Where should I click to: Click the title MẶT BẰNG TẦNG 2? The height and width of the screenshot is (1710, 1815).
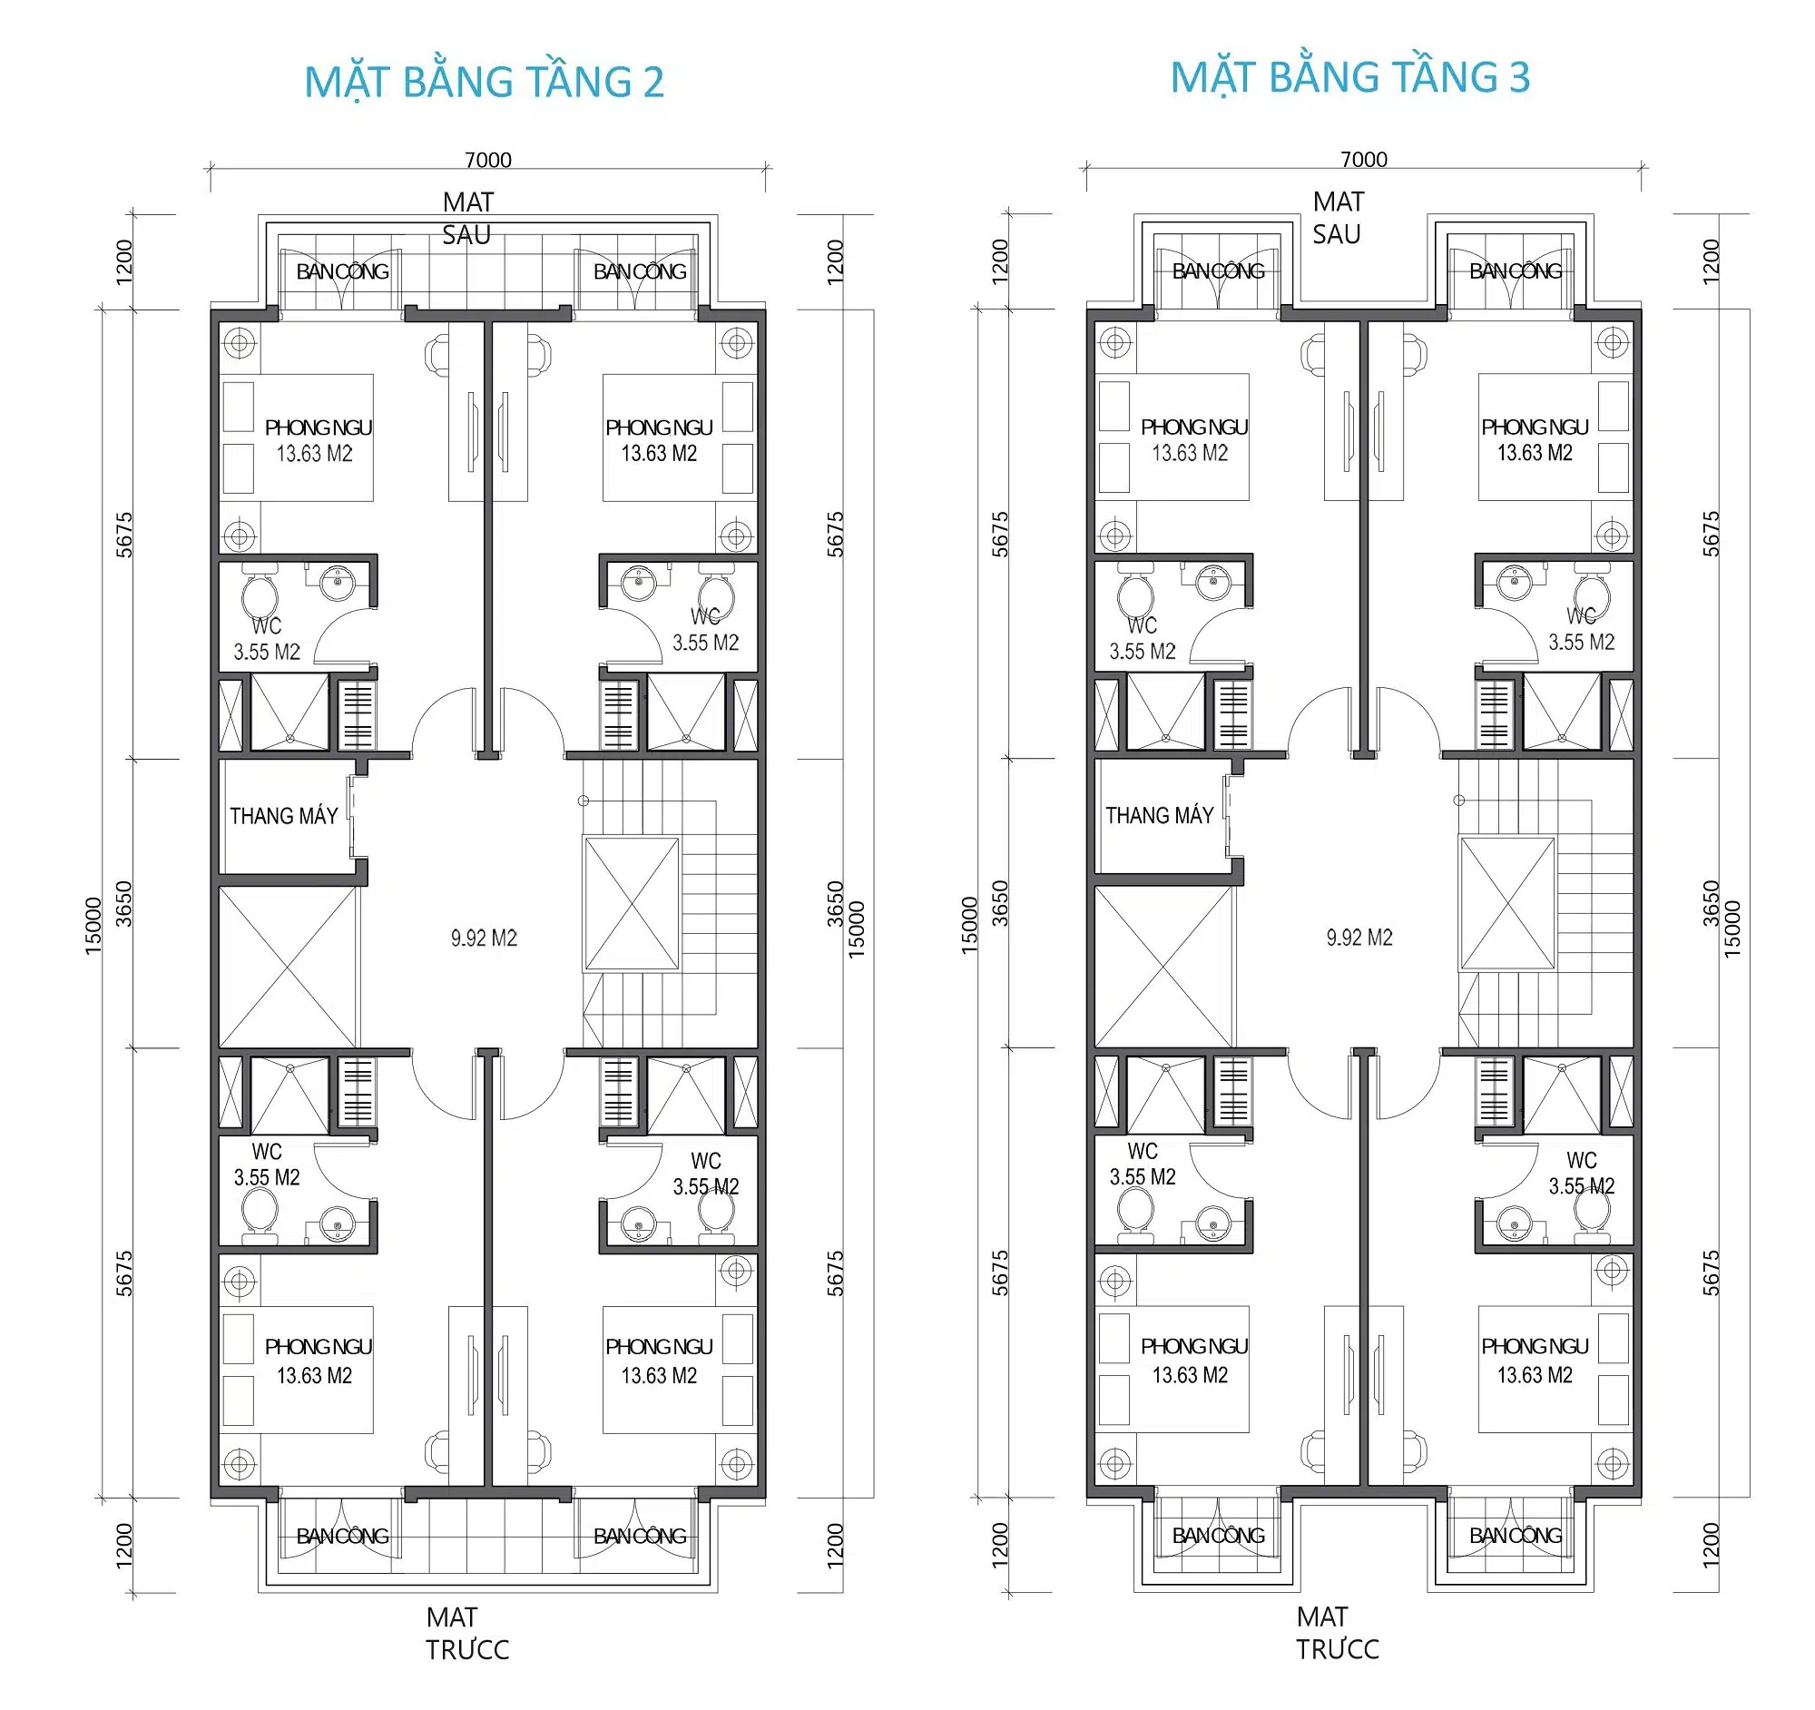(484, 82)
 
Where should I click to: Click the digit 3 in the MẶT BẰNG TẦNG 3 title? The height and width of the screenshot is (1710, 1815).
(1518, 77)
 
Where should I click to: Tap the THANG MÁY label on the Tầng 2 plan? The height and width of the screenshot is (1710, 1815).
(283, 816)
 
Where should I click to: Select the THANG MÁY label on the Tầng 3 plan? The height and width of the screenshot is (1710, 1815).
(1160, 815)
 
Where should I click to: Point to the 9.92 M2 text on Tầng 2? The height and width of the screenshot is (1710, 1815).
(484, 939)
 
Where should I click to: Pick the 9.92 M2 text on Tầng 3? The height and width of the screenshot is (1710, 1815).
(1359, 938)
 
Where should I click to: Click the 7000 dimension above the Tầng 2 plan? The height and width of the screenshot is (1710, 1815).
(487, 160)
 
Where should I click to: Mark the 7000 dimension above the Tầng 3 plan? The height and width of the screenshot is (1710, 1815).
(1364, 159)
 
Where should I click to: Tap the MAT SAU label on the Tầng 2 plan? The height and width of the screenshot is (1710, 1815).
(467, 218)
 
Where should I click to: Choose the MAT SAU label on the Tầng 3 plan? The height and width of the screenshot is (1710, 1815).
(1339, 217)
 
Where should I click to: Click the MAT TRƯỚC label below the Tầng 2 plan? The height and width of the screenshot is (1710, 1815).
(466, 1634)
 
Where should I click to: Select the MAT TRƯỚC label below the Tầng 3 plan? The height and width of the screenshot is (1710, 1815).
(1338, 1633)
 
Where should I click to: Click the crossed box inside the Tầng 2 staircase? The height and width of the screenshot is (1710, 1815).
(631, 904)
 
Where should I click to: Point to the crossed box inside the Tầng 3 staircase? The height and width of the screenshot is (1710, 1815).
(1507, 903)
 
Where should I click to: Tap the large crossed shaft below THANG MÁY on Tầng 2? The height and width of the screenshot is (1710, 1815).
(288, 967)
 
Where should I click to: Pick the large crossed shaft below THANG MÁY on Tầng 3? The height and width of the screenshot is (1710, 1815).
(1164, 966)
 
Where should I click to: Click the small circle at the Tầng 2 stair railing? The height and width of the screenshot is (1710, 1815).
(584, 801)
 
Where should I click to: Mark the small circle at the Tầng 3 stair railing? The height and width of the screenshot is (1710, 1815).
(1459, 800)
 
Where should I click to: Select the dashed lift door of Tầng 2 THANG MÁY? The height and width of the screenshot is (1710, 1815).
(352, 816)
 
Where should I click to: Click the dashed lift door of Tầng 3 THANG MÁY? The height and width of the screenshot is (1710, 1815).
(1229, 815)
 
